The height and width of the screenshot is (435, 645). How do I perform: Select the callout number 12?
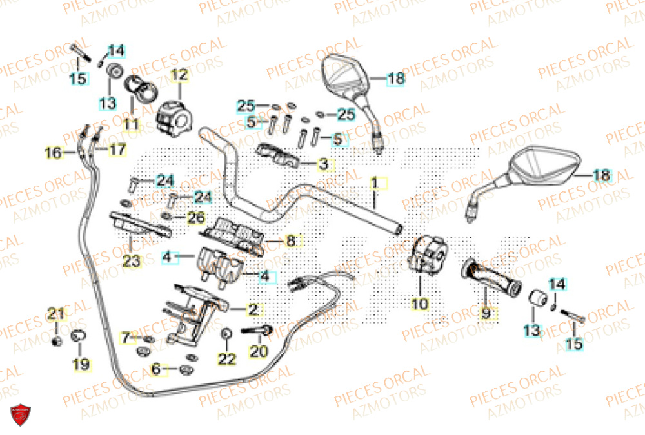(x=179, y=75)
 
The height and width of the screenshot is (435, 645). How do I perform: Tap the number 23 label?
(x=131, y=262)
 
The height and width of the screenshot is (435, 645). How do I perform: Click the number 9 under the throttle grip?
(x=486, y=313)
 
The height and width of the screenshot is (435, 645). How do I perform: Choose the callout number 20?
(x=259, y=352)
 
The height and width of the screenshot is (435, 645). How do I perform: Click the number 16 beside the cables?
(x=54, y=153)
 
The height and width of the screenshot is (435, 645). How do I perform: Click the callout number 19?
(x=81, y=365)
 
